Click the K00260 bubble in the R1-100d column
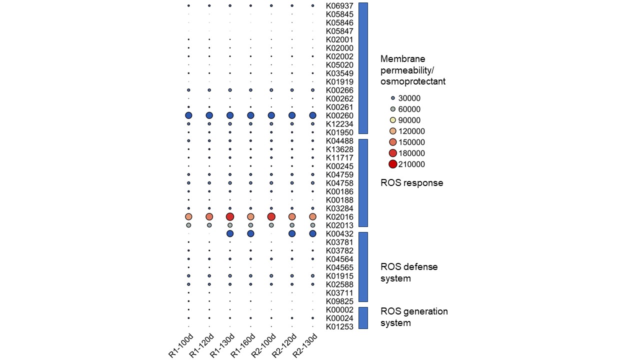(x=188, y=115)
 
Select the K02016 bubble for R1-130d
(x=230, y=216)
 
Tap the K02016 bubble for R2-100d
(x=271, y=216)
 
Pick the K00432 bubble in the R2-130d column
(x=312, y=233)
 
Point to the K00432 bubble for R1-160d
(x=250, y=233)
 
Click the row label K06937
(x=339, y=6)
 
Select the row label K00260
(x=339, y=115)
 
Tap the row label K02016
(x=339, y=217)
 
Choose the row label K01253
(x=339, y=326)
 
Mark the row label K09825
(x=339, y=301)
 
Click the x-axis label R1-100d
(x=179, y=346)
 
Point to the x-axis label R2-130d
(x=303, y=346)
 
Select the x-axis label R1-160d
(x=241, y=346)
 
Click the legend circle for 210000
(x=393, y=164)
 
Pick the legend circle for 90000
(x=393, y=120)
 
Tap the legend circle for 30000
(x=393, y=98)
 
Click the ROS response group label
(x=411, y=183)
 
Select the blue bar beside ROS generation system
(x=363, y=318)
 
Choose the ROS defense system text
(x=409, y=272)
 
